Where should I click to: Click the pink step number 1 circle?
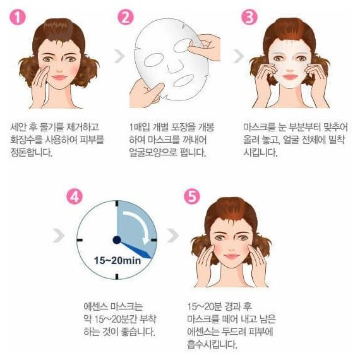(18, 18)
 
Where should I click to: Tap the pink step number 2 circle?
(125, 18)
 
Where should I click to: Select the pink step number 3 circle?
(249, 18)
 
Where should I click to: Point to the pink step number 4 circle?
(75, 197)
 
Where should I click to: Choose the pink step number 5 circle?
(192, 197)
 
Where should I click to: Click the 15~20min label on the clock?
(117, 261)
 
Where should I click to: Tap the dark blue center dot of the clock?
(117, 240)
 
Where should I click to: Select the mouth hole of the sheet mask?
(184, 81)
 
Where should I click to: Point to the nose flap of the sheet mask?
(176, 66)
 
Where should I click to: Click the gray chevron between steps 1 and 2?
(119, 56)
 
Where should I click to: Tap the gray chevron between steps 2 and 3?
(239, 56)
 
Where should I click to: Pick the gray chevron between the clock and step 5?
(173, 236)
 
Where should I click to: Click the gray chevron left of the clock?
(59, 236)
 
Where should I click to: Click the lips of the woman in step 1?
(59, 78)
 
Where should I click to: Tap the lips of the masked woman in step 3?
(290, 76)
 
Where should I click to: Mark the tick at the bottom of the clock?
(117, 277)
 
